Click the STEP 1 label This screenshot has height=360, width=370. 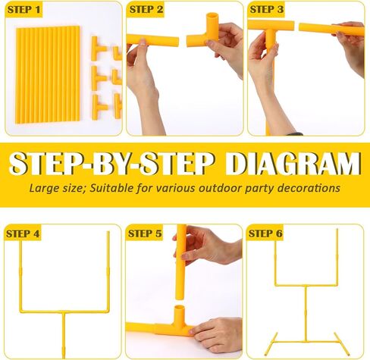[x=24, y=10]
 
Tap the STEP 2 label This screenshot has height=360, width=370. [x=146, y=10]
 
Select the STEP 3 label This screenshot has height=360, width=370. [x=267, y=10]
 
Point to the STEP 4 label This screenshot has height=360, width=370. [x=23, y=233]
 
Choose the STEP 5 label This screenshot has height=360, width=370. [x=145, y=233]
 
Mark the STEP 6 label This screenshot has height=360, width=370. [x=265, y=233]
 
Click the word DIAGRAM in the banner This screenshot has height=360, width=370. [x=293, y=164]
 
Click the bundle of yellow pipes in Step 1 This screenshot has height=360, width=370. [x=48, y=74]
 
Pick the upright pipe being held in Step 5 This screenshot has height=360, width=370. [x=181, y=262]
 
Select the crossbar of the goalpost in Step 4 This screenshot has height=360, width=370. [x=64, y=311]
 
